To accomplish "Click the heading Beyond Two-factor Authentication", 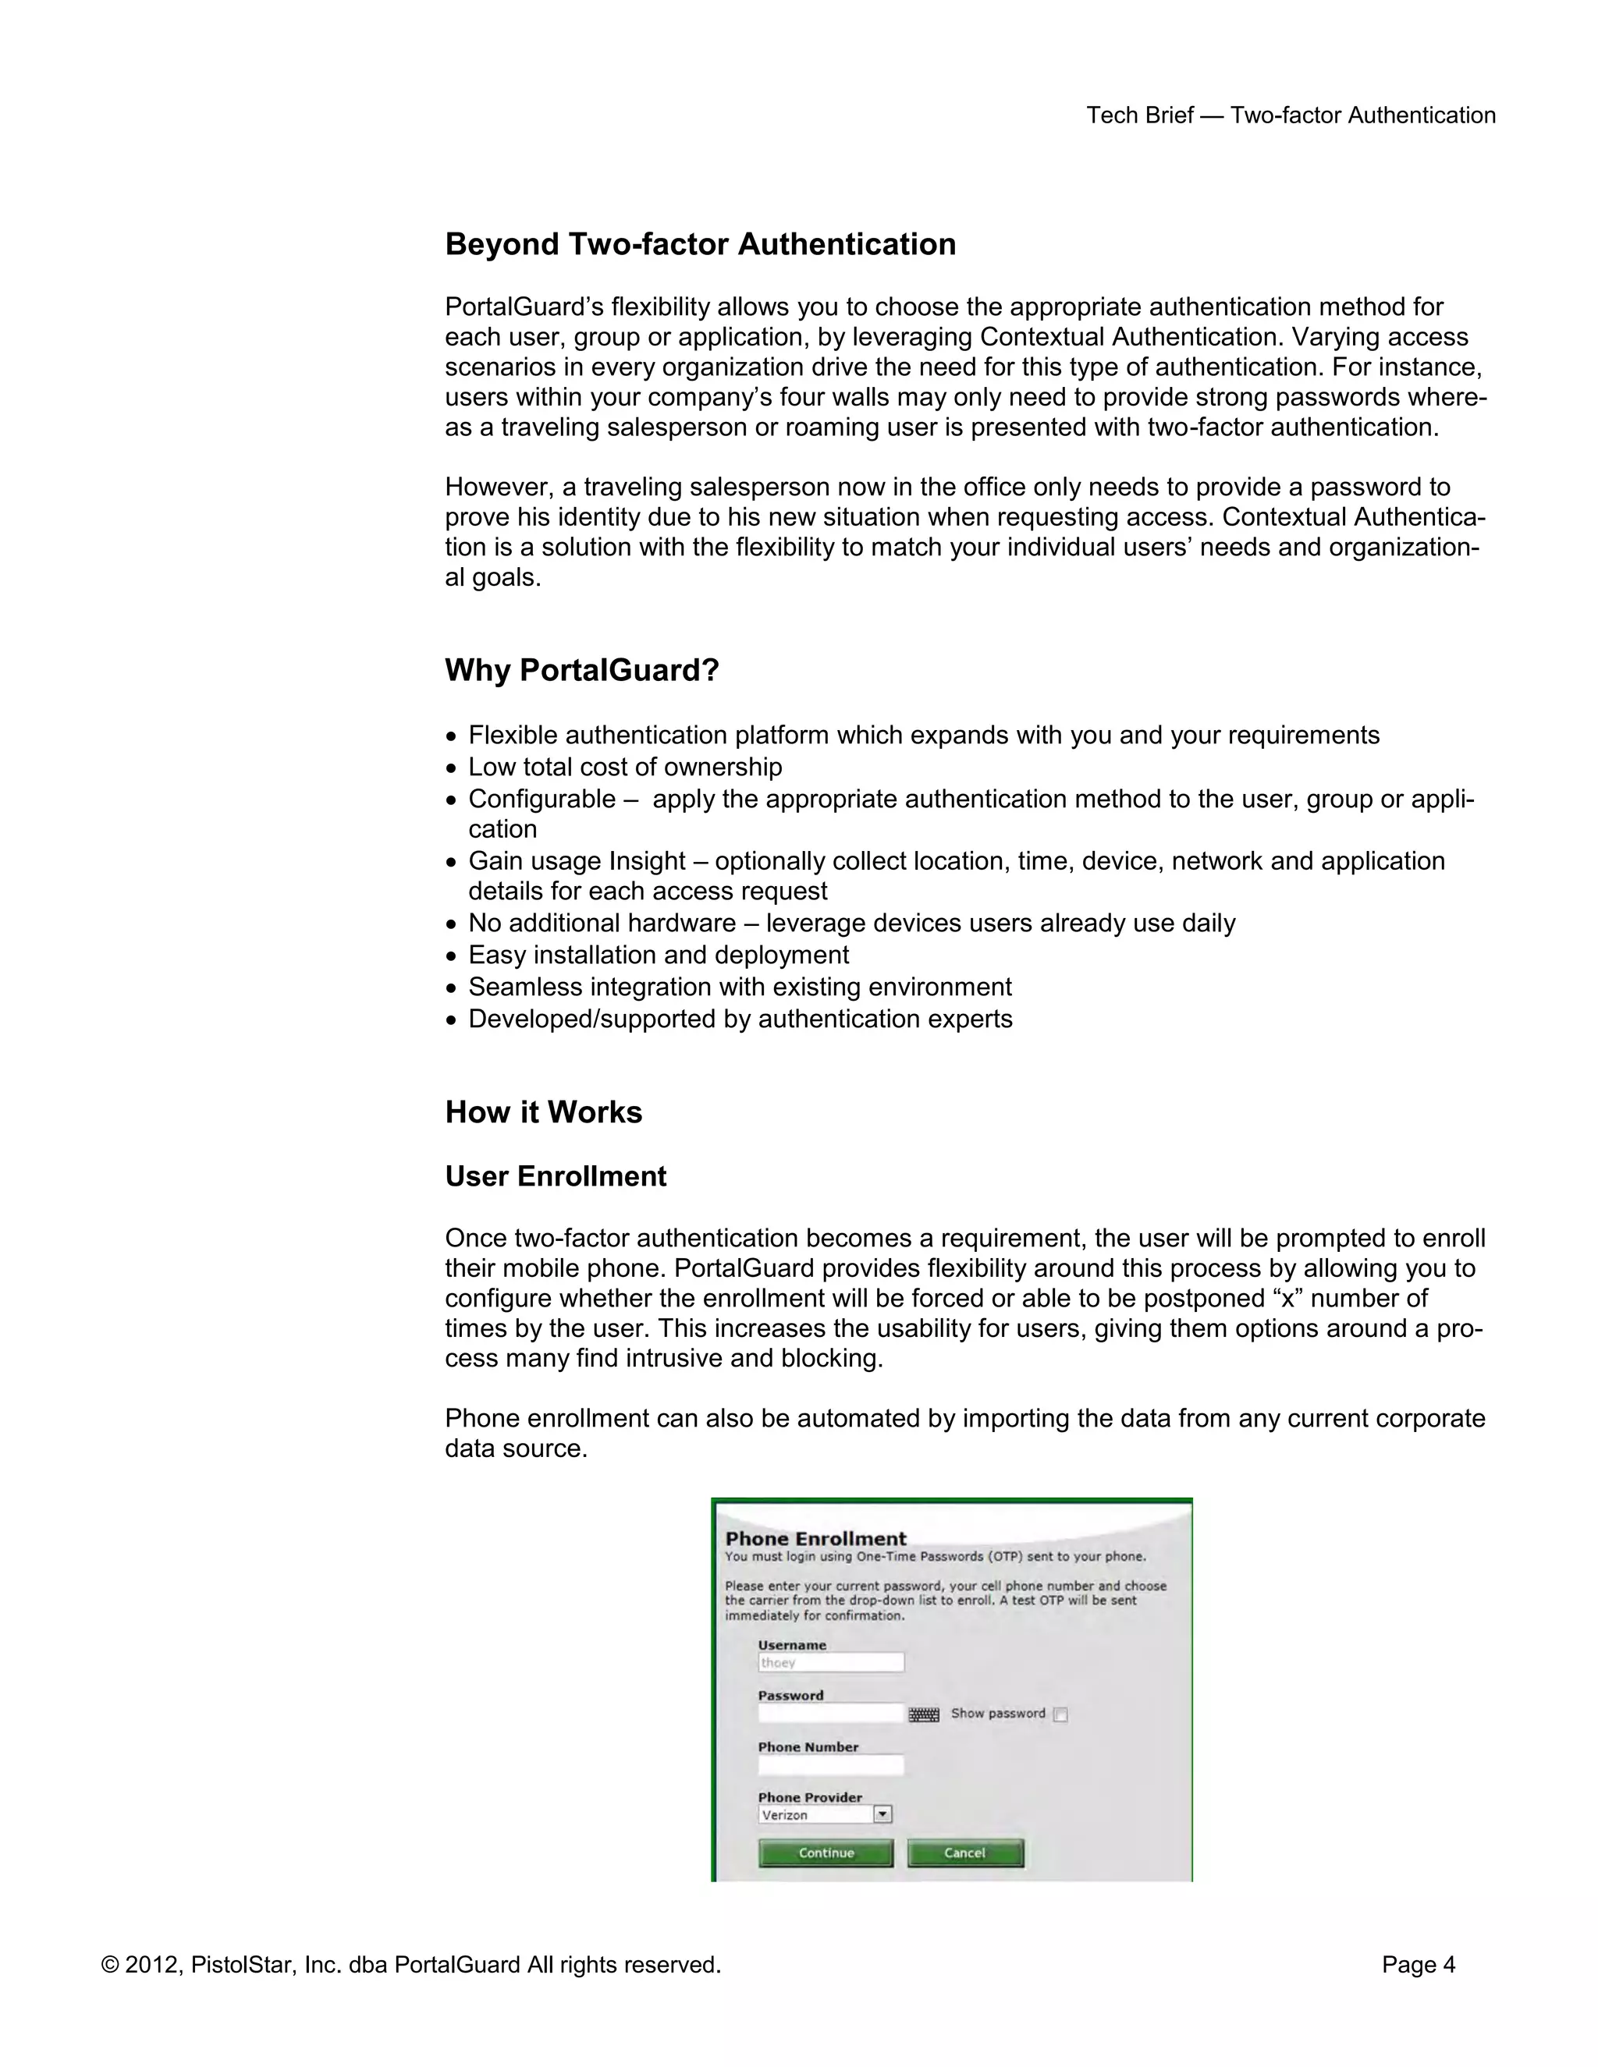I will pos(700,244).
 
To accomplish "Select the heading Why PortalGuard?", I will pos(581,670).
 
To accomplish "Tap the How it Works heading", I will pos(543,1112).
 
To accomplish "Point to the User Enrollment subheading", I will pos(556,1176).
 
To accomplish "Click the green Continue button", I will pos(826,1853).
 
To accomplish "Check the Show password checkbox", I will pos(1060,1714).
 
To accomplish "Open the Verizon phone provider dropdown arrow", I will pos(882,1814).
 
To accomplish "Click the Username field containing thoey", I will pos(830,1663).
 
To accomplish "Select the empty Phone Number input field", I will pos(830,1765).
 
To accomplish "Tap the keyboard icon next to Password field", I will pos(924,1714).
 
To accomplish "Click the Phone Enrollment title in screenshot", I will pos(815,1539).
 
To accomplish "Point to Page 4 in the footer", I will pos(1417,1966).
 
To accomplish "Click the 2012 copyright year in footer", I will pos(151,1966).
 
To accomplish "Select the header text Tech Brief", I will pos(1139,115).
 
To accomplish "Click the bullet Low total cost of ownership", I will pos(625,767).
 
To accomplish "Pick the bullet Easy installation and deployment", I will pos(658,955).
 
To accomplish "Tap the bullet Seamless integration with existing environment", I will pos(740,987).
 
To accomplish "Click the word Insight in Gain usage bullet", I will pos(648,861).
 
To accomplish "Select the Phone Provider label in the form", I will pos(809,1797).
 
